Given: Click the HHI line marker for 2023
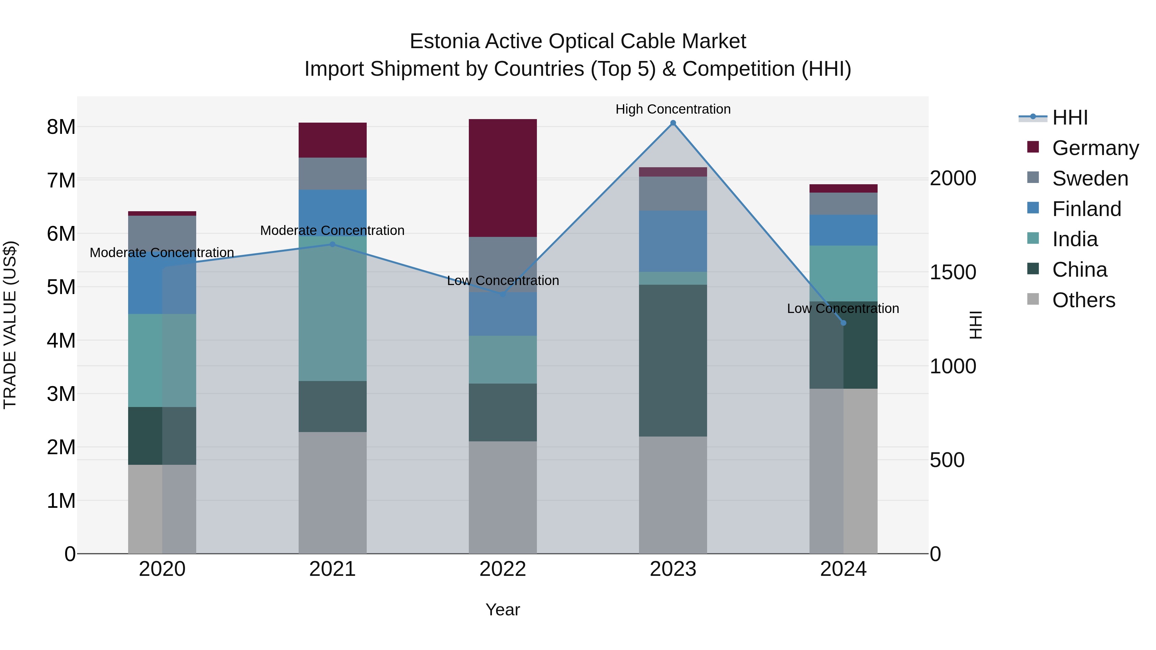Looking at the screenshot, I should (x=673, y=123).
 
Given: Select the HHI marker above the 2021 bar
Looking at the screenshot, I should (x=333, y=245).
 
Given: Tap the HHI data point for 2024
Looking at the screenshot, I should (x=843, y=323).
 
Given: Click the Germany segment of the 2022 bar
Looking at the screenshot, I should (x=503, y=178).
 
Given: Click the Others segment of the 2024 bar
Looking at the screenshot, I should (x=843, y=471).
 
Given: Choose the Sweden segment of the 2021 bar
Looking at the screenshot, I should (x=333, y=174).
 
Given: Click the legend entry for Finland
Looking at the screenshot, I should (x=1086, y=209).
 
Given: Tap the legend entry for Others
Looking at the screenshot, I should (x=1083, y=300).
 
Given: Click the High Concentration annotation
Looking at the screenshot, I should (x=673, y=109).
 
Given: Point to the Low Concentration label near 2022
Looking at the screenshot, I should (x=503, y=281).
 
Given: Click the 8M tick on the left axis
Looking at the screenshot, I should (x=61, y=127).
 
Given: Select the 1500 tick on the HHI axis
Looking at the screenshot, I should (x=952, y=272).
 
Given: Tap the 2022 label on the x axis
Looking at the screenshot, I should (x=503, y=569).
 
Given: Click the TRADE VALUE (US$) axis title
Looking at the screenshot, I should (x=10, y=325).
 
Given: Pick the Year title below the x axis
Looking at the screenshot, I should (x=503, y=610).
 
